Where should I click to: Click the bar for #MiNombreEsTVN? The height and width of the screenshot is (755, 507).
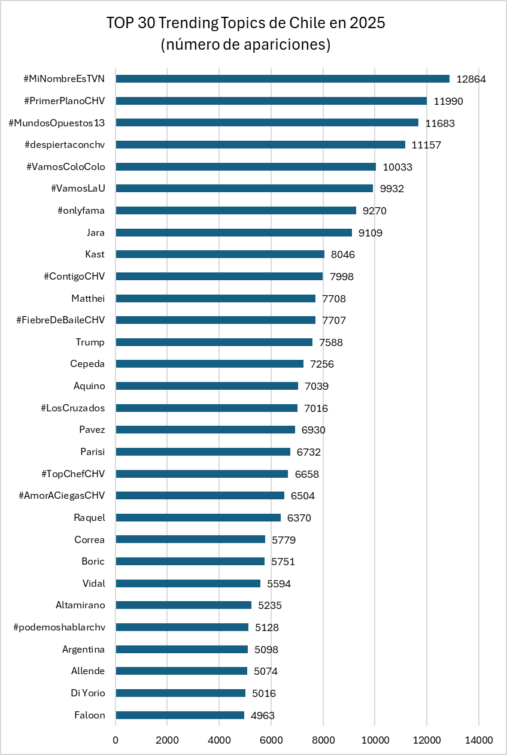tap(283, 78)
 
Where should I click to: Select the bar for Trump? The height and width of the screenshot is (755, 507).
tap(214, 342)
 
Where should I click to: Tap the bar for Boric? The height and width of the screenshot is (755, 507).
tap(190, 561)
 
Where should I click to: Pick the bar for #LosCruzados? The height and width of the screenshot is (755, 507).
tap(207, 408)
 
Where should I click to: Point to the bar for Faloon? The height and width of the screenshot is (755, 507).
tap(180, 715)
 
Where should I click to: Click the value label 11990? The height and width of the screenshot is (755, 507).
tap(448, 101)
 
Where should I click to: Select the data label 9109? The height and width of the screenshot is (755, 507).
tap(371, 233)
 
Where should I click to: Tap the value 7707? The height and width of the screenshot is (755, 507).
tap(334, 320)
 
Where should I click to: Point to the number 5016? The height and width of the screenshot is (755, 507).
tap(264, 693)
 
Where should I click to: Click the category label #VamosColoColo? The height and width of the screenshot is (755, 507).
tap(66, 166)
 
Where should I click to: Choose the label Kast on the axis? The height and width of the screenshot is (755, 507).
tap(95, 254)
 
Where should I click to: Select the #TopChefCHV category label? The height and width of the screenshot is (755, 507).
tap(73, 474)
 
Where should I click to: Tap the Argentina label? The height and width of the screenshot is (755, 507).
tap(83, 649)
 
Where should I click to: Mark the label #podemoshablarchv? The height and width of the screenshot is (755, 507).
tap(59, 627)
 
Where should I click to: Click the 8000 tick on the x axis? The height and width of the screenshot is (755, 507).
tap(323, 740)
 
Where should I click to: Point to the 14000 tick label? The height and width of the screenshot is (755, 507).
tap(479, 740)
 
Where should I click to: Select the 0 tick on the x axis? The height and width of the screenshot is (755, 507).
tap(116, 740)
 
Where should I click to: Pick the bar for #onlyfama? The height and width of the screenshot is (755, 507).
tap(236, 210)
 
